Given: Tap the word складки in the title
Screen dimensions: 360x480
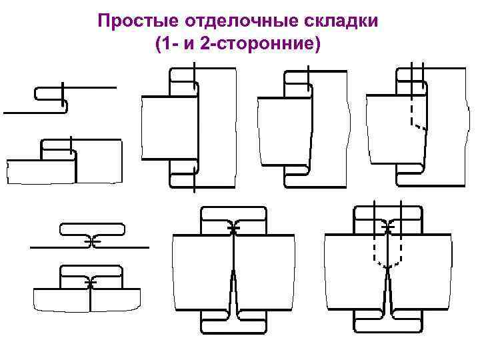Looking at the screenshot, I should pos(345,20).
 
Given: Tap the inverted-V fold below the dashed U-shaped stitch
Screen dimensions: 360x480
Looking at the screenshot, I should pos(387,293).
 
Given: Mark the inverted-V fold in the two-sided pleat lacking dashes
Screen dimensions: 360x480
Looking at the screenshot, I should pos(234,293).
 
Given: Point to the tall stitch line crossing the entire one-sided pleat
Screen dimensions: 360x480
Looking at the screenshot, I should pos(194,127).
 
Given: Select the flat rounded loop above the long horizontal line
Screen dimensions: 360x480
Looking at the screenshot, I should pos(92,229).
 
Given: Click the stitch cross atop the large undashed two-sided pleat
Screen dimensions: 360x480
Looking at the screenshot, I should pos(233,229).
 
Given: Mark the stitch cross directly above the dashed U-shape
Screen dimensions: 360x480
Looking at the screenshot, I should pos(387,229).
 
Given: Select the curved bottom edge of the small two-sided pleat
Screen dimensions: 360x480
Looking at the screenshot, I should pos(87,309).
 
